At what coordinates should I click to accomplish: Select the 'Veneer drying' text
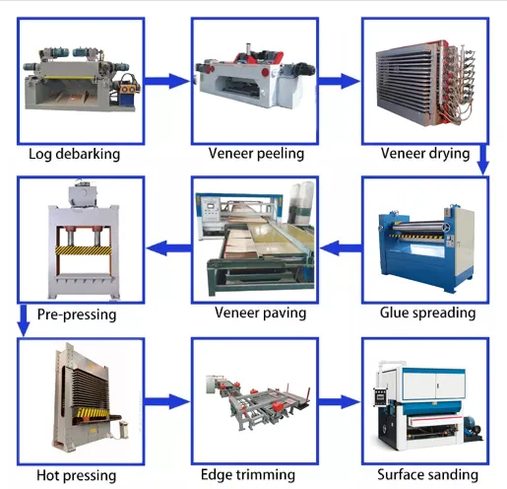(x=425, y=154)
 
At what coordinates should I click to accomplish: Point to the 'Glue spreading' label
(x=427, y=314)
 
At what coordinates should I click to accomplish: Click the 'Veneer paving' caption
(x=260, y=314)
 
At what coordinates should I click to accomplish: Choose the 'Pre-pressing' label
(x=77, y=315)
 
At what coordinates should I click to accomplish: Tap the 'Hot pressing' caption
(x=76, y=476)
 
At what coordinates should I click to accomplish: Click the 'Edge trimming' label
(x=255, y=475)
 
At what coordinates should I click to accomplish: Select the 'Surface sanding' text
(x=427, y=475)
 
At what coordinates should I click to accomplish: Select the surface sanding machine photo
(x=425, y=402)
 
